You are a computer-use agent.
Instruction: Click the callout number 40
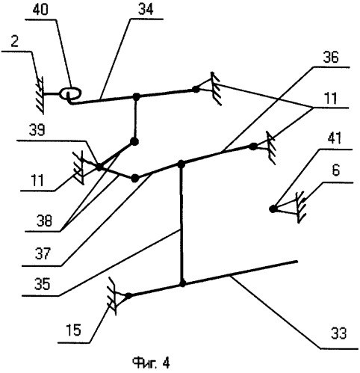pyautogui.click(x=40, y=10)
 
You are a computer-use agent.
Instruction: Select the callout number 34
pyautogui.click(x=146, y=10)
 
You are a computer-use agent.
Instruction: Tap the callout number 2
pyautogui.click(x=15, y=42)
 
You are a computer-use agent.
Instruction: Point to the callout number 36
pyautogui.click(x=331, y=58)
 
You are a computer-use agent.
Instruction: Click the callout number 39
pyautogui.click(x=37, y=130)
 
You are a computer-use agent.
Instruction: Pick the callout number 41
pyautogui.click(x=335, y=138)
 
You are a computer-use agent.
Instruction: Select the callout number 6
pyautogui.click(x=336, y=171)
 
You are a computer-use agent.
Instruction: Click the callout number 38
pyautogui.click(x=45, y=221)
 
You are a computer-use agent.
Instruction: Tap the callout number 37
pyautogui.click(x=43, y=253)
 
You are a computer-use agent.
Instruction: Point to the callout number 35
pyautogui.click(x=43, y=284)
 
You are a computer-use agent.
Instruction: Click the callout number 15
pyautogui.click(x=74, y=330)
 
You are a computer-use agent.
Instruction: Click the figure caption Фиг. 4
pyautogui.click(x=151, y=363)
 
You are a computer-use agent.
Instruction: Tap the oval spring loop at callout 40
pyautogui.click(x=70, y=93)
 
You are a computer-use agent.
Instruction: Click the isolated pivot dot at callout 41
pyautogui.click(x=273, y=209)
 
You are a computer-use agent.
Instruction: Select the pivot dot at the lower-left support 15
pyautogui.click(x=128, y=296)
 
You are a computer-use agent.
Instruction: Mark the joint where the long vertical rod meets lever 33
pyautogui.click(x=182, y=284)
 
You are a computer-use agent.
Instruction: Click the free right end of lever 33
pyautogui.click(x=297, y=262)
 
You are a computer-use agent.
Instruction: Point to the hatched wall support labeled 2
pyautogui.click(x=40, y=95)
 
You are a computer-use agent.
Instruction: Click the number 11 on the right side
pyautogui.click(x=331, y=98)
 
